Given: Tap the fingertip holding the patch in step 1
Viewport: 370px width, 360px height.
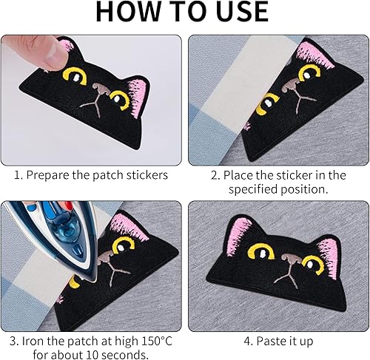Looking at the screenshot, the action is point(55,54).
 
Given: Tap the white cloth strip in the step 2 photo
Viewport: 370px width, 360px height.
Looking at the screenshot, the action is point(249,81).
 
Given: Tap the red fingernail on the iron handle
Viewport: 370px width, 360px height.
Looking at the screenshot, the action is point(67,205).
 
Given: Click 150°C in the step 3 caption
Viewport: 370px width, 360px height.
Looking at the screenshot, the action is point(157,341).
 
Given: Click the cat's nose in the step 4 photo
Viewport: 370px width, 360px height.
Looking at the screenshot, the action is point(292,259).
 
